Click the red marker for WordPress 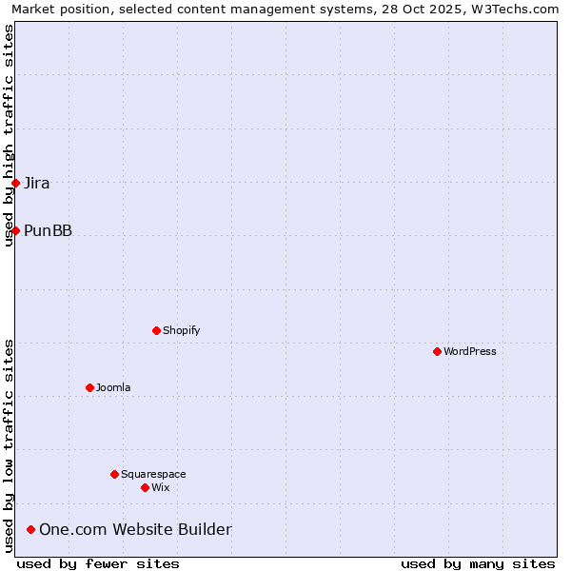(437, 351)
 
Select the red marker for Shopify (156, 330)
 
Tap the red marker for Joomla (89, 387)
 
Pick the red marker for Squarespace (114, 474)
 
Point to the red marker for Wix (145, 487)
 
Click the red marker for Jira (15, 183)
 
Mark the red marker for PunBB (15, 230)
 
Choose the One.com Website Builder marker (31, 529)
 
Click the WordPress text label (470, 351)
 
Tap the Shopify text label (181, 330)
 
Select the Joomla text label (113, 387)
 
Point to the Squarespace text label (153, 474)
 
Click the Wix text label (160, 487)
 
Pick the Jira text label (37, 183)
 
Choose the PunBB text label (48, 230)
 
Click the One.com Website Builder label (135, 529)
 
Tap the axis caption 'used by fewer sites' (98, 563)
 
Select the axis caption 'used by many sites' (478, 563)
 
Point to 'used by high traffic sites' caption (9, 135)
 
